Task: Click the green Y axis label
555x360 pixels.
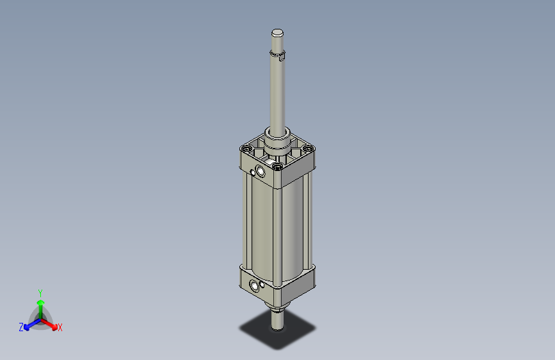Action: click(x=40, y=292)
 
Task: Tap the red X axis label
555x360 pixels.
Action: click(x=60, y=327)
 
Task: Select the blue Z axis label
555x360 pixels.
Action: click(x=21, y=327)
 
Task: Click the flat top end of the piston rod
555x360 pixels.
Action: click(x=277, y=33)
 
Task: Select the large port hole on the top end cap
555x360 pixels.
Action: click(x=260, y=172)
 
